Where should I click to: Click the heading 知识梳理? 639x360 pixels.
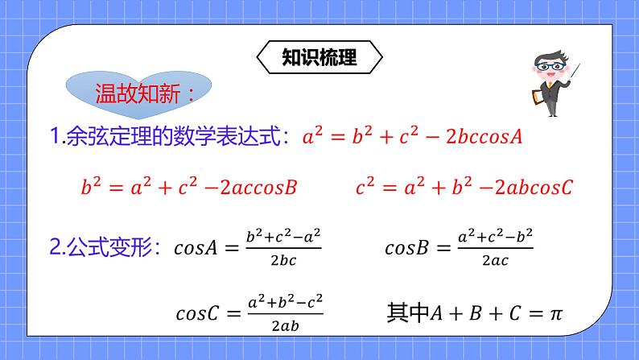[x=319, y=57]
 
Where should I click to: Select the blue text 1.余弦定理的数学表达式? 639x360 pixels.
[x=170, y=137]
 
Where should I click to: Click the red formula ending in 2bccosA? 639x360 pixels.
[x=412, y=136]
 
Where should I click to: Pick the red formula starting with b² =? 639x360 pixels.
[x=190, y=188]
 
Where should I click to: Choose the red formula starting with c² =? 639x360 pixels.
[x=464, y=188]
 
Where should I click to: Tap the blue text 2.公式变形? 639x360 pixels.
[x=108, y=247]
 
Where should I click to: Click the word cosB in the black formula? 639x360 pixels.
[x=408, y=248]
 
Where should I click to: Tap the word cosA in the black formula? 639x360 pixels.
[x=196, y=248]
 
